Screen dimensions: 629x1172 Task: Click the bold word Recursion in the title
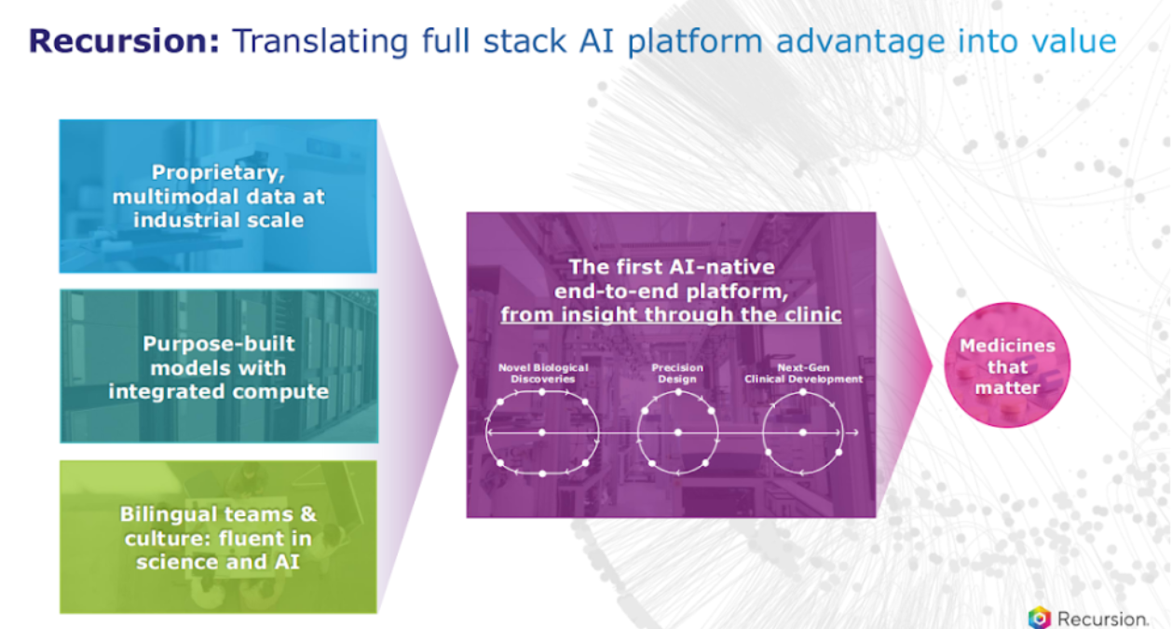click(124, 41)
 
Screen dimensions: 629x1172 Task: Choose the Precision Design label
click(677, 373)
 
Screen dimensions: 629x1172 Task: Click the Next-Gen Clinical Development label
click(803, 373)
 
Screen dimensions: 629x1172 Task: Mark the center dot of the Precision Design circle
click(677, 432)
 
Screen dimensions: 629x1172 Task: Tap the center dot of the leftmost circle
click(542, 432)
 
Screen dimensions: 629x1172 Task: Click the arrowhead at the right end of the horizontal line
click(853, 432)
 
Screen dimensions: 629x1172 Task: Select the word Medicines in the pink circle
click(1008, 345)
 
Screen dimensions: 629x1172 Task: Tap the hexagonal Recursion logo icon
click(1039, 618)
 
